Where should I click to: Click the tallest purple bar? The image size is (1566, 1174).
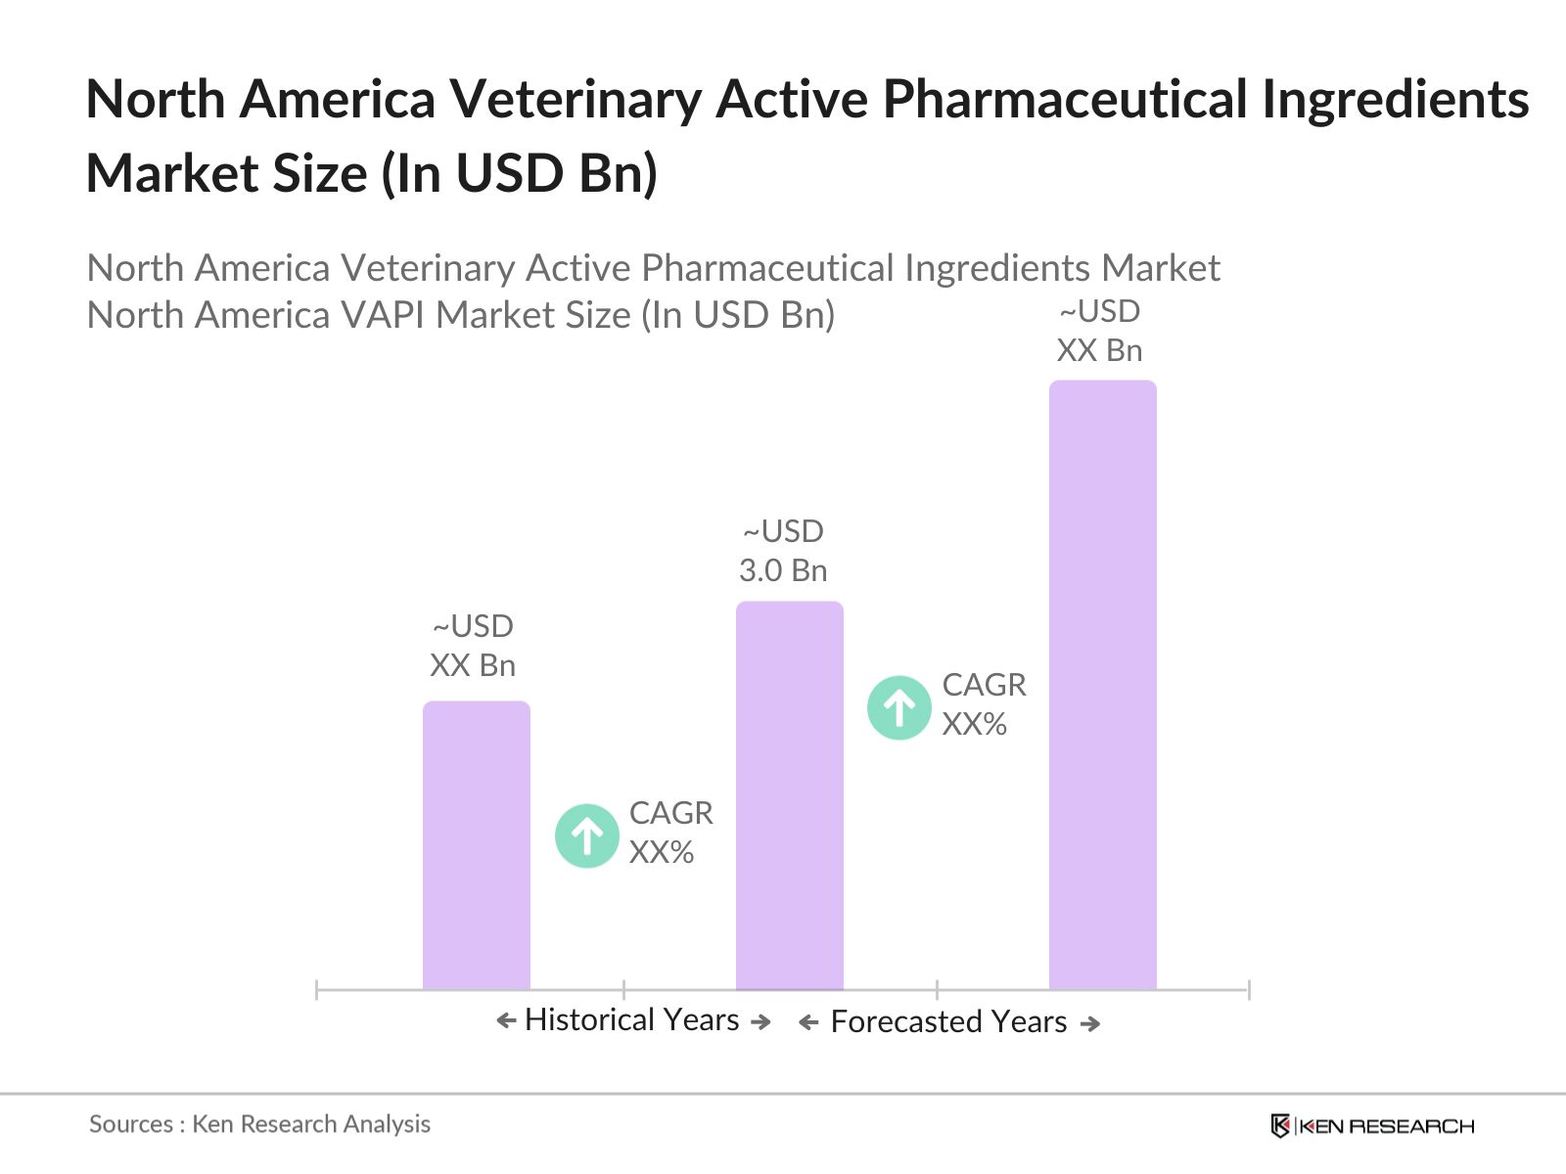pyautogui.click(x=1102, y=685)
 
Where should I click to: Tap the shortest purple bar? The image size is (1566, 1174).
pyautogui.click(x=476, y=845)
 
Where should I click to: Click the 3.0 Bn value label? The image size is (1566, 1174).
pyautogui.click(x=783, y=570)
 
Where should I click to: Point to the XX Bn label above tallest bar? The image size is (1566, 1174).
pyautogui.click(x=1099, y=350)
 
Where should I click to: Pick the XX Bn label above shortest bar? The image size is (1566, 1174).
pyautogui.click(x=473, y=665)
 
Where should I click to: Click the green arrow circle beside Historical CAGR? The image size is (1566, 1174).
pyautogui.click(x=587, y=836)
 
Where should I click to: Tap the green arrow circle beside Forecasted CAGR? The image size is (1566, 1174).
pyautogui.click(x=898, y=707)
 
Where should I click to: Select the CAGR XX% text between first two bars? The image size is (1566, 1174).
pyautogui.click(x=670, y=833)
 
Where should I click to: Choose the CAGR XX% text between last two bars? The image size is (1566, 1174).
pyautogui.click(x=984, y=704)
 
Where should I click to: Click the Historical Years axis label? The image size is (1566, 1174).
pyautogui.click(x=632, y=1019)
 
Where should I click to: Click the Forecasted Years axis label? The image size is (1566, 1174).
pyautogui.click(x=948, y=1021)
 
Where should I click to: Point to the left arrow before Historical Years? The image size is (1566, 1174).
pyautogui.click(x=506, y=1021)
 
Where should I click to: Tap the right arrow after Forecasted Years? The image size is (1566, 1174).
pyautogui.click(x=1090, y=1023)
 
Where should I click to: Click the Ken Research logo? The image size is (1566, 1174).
pyautogui.click(x=1372, y=1126)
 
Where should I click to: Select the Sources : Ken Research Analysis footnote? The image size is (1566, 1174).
pyautogui.click(x=259, y=1124)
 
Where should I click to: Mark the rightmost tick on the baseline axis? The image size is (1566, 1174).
pyautogui.click(x=1249, y=990)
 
